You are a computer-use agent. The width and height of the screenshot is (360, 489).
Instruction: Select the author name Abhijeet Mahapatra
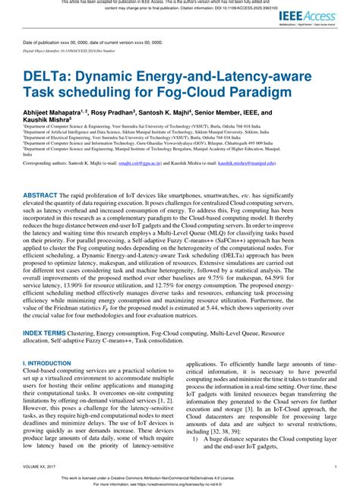pos(57,112)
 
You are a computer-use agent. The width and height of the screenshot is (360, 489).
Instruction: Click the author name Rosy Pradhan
pos(127,112)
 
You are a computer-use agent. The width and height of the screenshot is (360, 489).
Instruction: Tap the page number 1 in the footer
pos(335,467)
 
